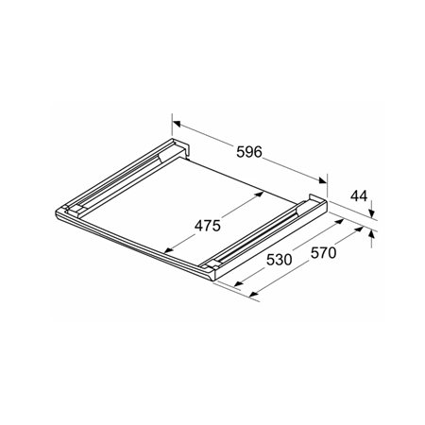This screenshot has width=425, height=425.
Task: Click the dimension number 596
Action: point(249,150)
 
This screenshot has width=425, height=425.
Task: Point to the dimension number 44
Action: point(358,196)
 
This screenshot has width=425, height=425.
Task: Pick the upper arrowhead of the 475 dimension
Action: point(259,193)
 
